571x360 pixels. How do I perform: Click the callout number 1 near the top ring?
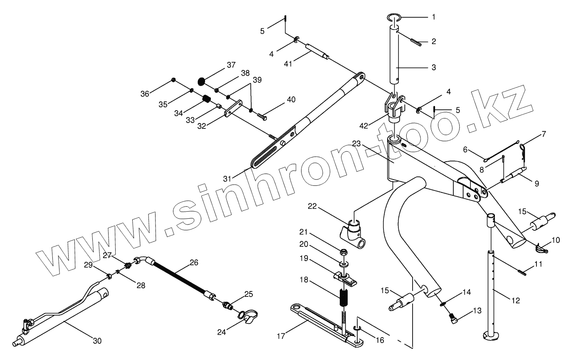[433, 17]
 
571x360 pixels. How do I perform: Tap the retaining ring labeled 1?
[394, 17]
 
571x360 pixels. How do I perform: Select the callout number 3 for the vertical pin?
[433, 67]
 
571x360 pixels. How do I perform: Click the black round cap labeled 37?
[201, 81]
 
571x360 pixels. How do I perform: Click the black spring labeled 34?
[207, 99]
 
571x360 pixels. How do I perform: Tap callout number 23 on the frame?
[356, 144]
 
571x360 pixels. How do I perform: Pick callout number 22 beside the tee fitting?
[313, 207]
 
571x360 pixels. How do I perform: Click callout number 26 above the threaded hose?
[194, 262]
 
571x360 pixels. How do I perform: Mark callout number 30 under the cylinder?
[96, 341]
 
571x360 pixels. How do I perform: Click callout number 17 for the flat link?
[281, 335]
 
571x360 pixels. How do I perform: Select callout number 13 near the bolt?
[477, 311]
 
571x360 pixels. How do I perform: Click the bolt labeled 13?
[452, 318]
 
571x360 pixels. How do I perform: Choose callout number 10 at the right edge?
[556, 240]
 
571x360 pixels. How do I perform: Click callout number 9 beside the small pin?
[536, 183]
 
